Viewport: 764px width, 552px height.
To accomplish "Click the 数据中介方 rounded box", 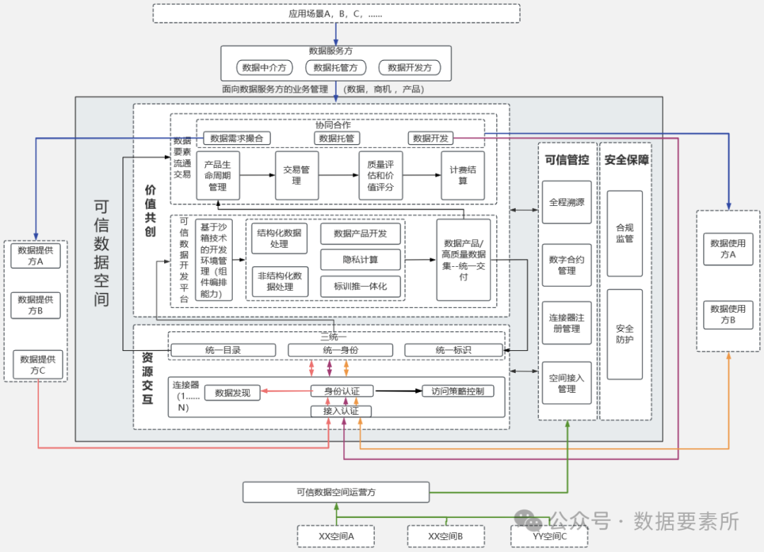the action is [264, 67].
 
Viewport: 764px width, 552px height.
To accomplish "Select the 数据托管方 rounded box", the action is [335, 67].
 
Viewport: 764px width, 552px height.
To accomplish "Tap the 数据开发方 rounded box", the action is [410, 67].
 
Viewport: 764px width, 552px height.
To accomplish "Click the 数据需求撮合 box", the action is [236, 139].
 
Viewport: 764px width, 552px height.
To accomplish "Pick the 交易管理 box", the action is [296, 175].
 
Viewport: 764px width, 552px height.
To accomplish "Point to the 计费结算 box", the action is [463, 175].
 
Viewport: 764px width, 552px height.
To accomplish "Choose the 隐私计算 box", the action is [361, 260].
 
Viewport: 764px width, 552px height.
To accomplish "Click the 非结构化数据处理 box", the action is [279, 282].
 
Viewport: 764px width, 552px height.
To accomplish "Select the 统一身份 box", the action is [340, 350].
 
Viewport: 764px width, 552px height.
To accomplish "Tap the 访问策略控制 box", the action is [458, 391].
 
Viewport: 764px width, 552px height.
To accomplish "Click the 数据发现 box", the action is [233, 393].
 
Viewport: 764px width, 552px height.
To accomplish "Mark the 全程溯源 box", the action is [567, 202].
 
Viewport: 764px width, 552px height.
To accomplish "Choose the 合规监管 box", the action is [625, 234].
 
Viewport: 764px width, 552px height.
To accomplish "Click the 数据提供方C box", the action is [38, 364].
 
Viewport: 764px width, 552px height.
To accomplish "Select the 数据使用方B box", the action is [728, 314].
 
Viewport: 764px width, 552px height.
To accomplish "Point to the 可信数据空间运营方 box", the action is [336, 492].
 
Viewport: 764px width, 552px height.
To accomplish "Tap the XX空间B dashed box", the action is [446, 536].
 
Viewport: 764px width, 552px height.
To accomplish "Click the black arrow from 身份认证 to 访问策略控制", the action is [398, 391].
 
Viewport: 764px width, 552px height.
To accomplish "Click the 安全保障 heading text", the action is [627, 160].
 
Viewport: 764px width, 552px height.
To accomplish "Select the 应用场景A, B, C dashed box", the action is [336, 13].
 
